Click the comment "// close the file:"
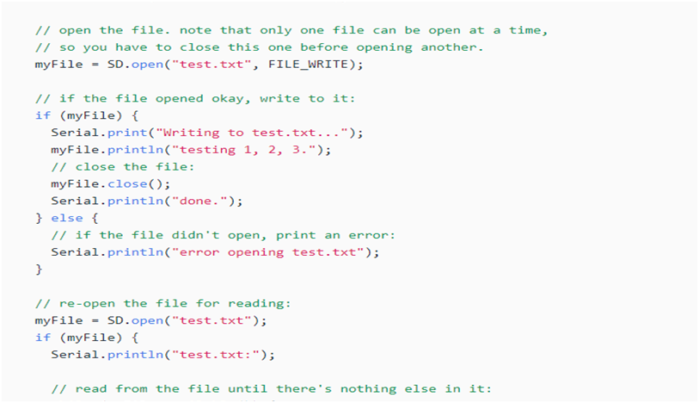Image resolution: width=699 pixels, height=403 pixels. point(123,167)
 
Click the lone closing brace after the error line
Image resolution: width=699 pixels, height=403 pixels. point(39,269)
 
